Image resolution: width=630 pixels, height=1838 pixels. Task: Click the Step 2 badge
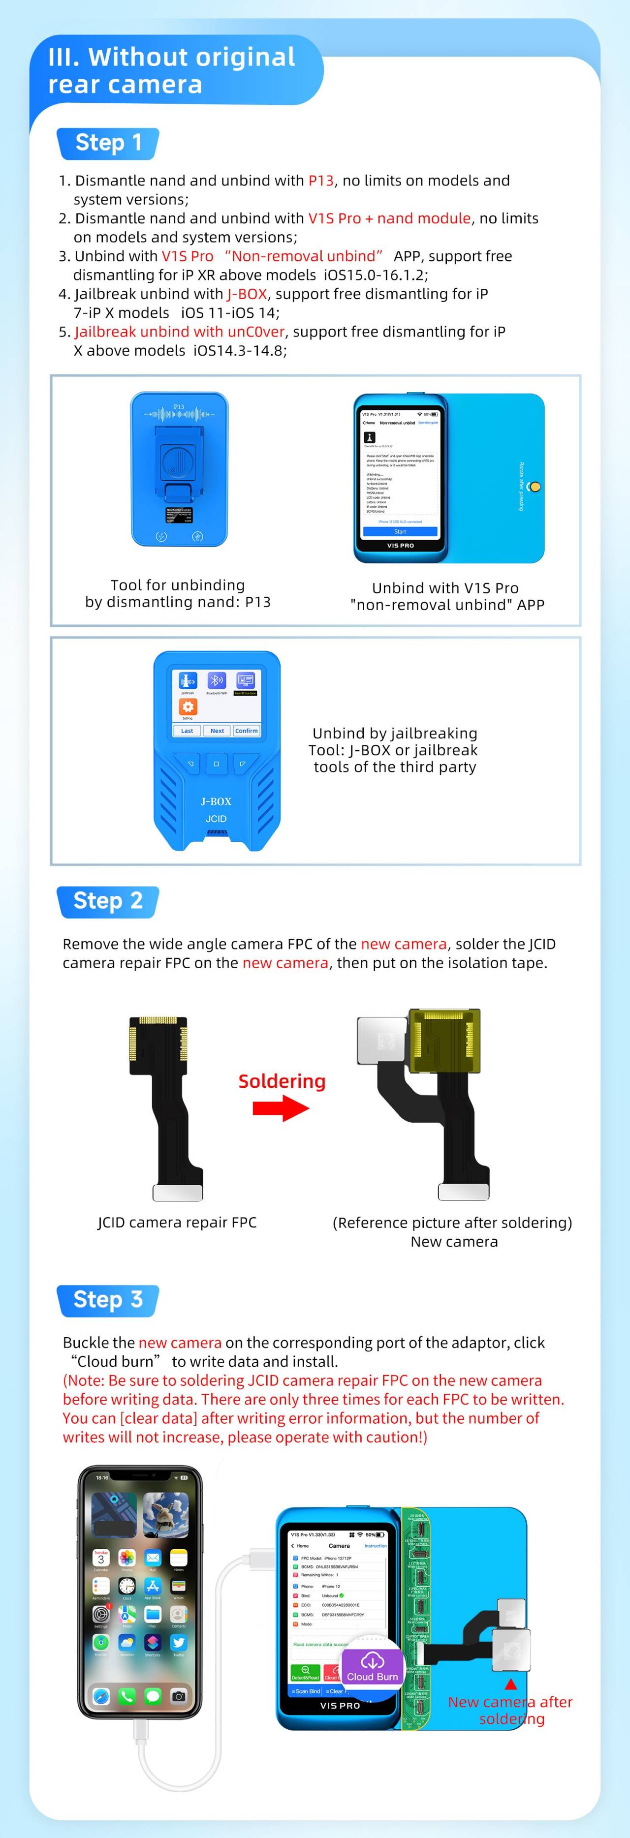tap(108, 901)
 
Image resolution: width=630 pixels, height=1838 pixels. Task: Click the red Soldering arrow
tap(281, 1108)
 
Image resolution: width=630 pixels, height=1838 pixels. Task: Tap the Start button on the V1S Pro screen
tap(400, 531)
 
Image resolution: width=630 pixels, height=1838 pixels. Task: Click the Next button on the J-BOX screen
tap(217, 731)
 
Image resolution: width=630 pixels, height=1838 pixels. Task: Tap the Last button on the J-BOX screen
tap(187, 731)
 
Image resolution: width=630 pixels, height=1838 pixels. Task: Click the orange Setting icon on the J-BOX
tap(188, 706)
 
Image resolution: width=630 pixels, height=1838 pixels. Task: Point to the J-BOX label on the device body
tap(216, 801)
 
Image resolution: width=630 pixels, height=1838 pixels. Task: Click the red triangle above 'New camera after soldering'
tap(511, 1685)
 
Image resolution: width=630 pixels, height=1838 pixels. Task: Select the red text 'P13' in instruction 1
tap(321, 181)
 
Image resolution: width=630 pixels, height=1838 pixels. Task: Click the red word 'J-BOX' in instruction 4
tap(247, 294)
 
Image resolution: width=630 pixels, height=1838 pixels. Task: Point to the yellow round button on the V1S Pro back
tap(535, 487)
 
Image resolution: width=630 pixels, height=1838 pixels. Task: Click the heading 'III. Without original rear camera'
tap(171, 71)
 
